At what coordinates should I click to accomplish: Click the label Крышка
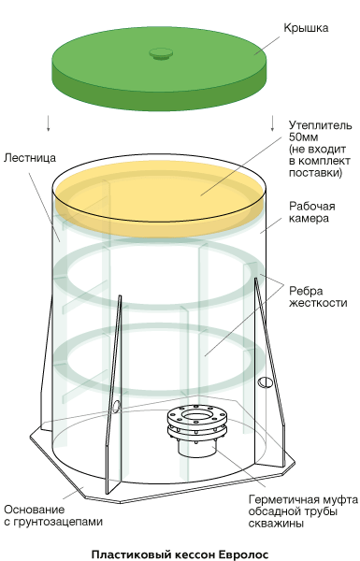[x=306, y=28]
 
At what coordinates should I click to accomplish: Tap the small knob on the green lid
[x=161, y=54]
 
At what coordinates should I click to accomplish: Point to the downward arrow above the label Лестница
[x=49, y=123]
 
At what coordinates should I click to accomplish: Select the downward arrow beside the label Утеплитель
[x=273, y=123]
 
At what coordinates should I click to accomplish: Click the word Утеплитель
[x=321, y=125]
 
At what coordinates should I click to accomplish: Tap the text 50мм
[x=304, y=137]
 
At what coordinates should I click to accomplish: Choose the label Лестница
[x=30, y=158]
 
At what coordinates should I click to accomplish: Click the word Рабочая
[x=312, y=207]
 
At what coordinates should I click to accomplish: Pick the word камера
[x=309, y=219]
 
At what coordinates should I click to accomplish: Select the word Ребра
[x=306, y=291]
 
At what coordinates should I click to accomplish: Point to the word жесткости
[x=318, y=303]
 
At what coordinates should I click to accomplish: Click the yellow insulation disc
[x=159, y=198]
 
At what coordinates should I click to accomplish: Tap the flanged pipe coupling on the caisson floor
[x=197, y=428]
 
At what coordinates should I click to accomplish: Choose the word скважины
[x=276, y=524]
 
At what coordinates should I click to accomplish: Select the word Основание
[x=35, y=510]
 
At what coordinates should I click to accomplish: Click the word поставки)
[x=316, y=173]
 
